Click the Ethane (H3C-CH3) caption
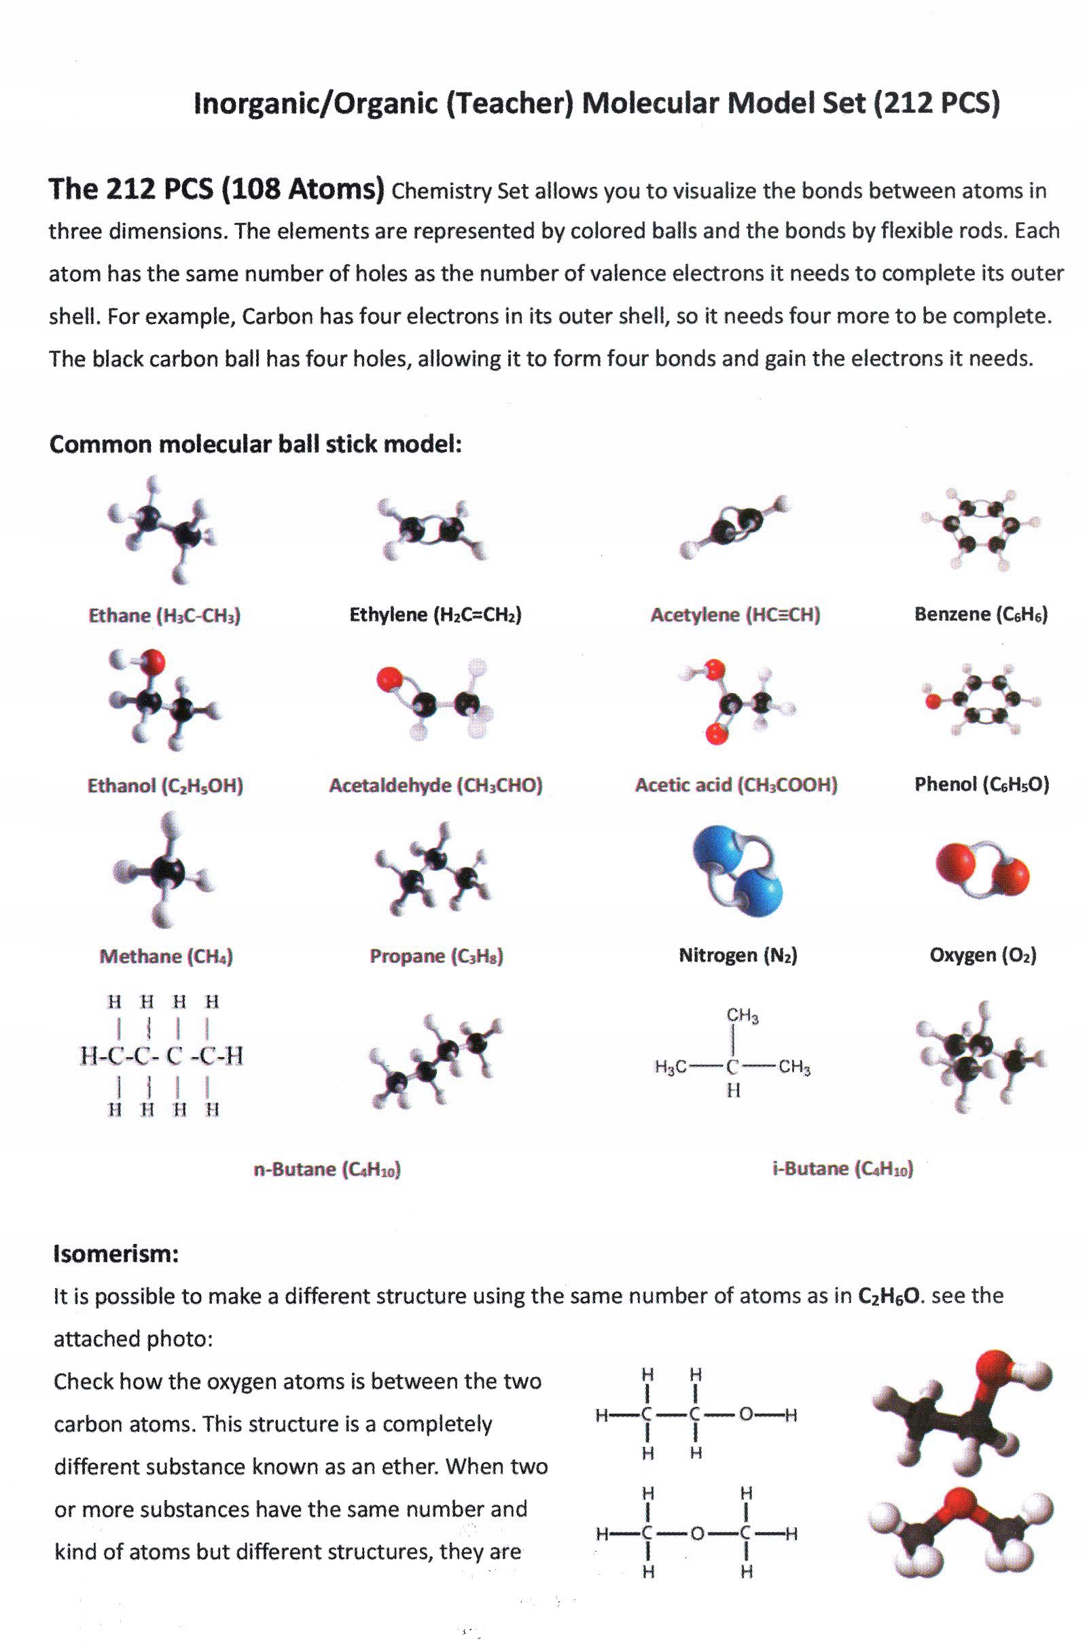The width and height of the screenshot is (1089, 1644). [x=164, y=616]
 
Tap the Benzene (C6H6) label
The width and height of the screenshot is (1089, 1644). [x=981, y=615]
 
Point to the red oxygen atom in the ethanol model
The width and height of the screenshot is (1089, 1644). [x=154, y=661]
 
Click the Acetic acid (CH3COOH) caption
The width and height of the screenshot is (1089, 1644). [x=736, y=785]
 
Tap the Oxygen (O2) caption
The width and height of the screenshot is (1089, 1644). [x=983, y=956]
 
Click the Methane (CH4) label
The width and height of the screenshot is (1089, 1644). [x=166, y=957]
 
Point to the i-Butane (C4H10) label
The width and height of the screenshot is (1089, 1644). [x=843, y=1169]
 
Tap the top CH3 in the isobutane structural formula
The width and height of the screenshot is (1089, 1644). [x=743, y=1016]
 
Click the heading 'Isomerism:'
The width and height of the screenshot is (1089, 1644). [x=116, y=1254]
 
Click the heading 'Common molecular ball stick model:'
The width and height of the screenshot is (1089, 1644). [x=255, y=444]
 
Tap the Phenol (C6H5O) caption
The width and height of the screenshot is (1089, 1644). [x=982, y=785]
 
